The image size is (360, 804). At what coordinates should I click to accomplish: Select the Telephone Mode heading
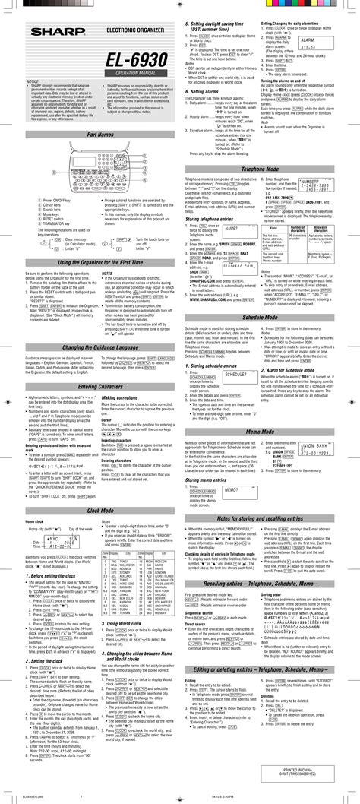pos(270,188)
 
